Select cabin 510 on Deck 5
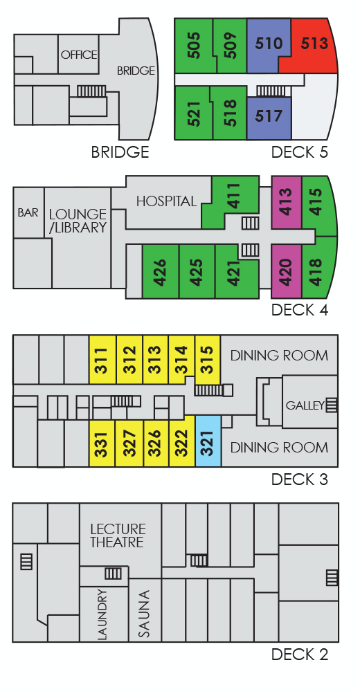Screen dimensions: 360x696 tap(268, 44)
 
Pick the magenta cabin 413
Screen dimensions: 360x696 tap(286, 203)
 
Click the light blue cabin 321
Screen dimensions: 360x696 tap(208, 441)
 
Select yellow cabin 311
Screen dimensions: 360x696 tap(102, 360)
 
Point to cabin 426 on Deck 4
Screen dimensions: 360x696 tap(160, 271)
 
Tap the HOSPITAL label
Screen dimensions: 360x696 tap(166, 201)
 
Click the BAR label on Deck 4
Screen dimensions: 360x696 tap(28, 212)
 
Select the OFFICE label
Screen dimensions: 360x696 tap(79, 55)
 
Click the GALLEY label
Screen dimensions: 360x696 tap(305, 405)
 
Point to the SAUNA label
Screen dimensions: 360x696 tap(144, 614)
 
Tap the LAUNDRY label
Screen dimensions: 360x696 tap(102, 614)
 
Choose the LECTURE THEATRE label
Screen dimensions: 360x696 tap(117, 535)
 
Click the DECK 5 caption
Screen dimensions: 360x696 tap(300, 152)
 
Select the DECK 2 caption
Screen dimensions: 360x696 tap(300, 654)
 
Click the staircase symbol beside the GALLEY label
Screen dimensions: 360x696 tap(332, 405)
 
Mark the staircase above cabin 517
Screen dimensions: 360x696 tap(271, 91)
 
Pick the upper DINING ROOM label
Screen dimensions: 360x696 tap(279, 356)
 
